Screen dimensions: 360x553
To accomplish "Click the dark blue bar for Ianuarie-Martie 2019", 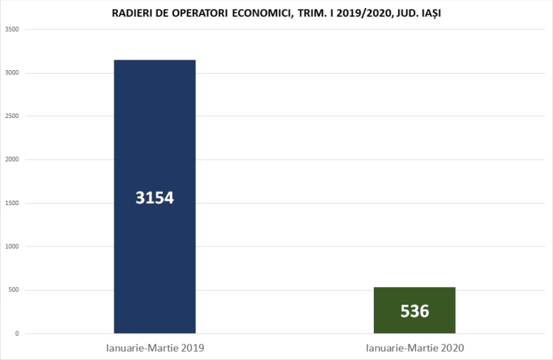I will [x=154, y=133].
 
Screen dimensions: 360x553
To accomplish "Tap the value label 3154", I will [x=154, y=198].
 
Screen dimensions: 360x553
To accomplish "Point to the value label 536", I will [x=414, y=311].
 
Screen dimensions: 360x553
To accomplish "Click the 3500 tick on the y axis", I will [x=12, y=30].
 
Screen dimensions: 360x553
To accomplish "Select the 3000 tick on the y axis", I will [x=12, y=73].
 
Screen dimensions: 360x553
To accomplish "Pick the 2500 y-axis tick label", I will [x=12, y=117].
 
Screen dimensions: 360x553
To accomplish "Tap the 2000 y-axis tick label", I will [x=12, y=160].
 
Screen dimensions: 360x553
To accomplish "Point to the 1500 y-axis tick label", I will [x=12, y=204].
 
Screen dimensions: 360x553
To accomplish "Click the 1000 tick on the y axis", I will [x=12, y=246].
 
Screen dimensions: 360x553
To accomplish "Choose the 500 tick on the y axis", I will [x=13, y=290].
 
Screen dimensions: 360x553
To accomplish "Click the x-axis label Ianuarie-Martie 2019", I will [x=154, y=346].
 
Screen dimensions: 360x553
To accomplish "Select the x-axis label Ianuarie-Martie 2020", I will [x=414, y=346].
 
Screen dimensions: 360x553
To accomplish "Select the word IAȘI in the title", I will [x=428, y=13].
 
